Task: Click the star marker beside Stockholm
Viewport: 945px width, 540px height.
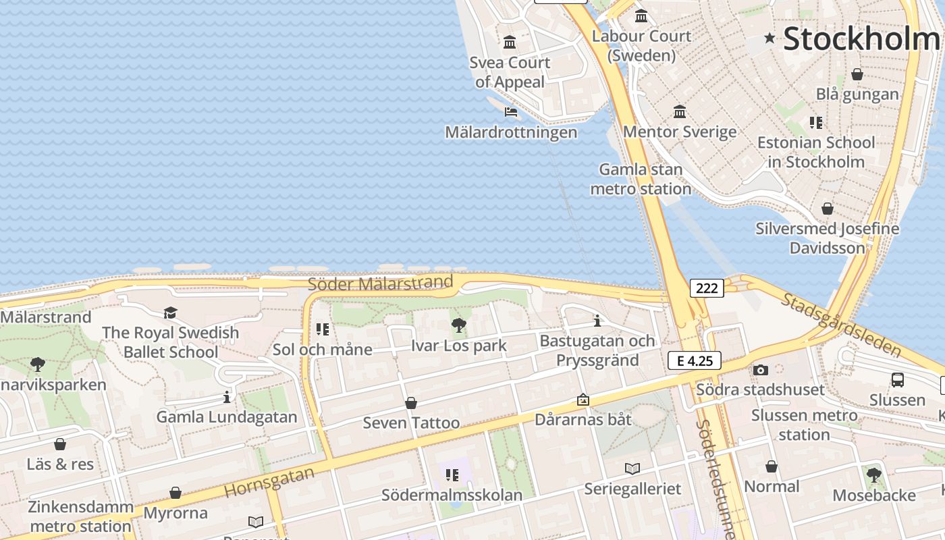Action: (769, 38)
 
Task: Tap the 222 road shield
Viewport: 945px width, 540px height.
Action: (707, 288)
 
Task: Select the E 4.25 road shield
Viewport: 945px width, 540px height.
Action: (695, 360)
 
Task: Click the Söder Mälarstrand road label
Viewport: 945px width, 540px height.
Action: (380, 283)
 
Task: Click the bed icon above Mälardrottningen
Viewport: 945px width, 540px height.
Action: (511, 111)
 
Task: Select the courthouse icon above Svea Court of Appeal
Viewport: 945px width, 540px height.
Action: (510, 43)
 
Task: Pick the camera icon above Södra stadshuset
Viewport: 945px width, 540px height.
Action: (761, 370)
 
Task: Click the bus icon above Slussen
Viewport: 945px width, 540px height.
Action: (897, 380)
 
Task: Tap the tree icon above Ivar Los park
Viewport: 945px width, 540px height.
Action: (459, 326)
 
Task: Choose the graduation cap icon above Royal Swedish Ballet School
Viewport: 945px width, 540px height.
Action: (170, 313)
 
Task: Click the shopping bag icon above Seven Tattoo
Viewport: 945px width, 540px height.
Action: (410, 403)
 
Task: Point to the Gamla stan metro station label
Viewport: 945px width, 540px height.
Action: (641, 179)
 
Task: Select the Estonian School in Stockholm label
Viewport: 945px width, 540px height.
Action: (815, 152)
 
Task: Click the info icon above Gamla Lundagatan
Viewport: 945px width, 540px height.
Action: (227, 397)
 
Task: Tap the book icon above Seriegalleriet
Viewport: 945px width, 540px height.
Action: (632, 468)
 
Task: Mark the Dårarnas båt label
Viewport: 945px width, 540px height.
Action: (583, 419)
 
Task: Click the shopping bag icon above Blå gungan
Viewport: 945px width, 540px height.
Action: (857, 74)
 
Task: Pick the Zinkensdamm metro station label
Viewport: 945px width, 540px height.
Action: (80, 516)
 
